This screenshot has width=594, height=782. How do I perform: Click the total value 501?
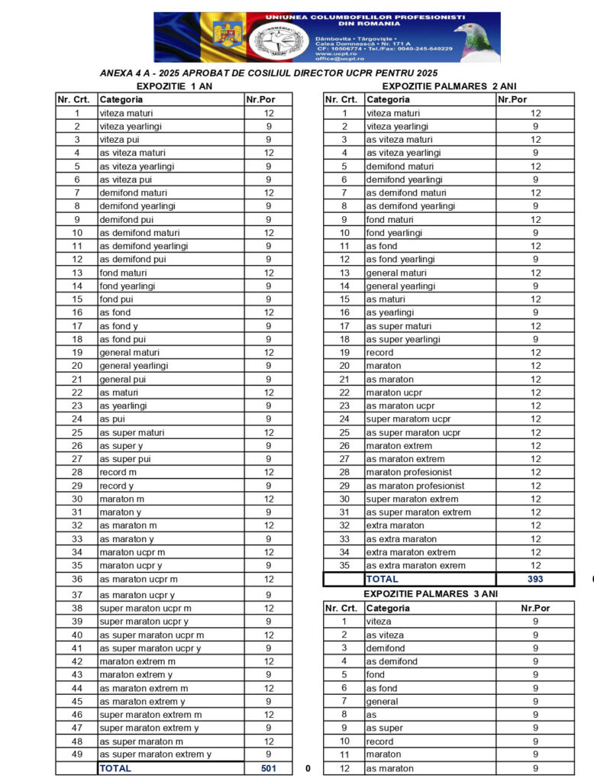(x=268, y=768)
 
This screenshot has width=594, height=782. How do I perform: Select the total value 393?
(x=534, y=580)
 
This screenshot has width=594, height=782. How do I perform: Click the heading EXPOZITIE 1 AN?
(x=169, y=86)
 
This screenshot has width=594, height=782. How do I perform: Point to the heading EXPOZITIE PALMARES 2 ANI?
(x=449, y=86)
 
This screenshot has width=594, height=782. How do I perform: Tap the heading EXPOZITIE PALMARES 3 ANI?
(x=431, y=593)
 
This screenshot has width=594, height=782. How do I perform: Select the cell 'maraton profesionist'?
(x=408, y=473)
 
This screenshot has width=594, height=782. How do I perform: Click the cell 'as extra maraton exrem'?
(x=415, y=566)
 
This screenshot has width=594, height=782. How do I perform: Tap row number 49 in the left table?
(x=76, y=755)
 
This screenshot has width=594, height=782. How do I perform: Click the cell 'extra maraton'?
(x=395, y=525)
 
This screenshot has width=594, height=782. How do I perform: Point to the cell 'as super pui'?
(x=124, y=459)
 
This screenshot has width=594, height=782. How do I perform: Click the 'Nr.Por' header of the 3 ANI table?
(x=534, y=609)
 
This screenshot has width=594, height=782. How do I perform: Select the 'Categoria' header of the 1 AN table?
(x=121, y=99)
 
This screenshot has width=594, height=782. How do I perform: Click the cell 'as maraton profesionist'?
(x=415, y=486)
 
